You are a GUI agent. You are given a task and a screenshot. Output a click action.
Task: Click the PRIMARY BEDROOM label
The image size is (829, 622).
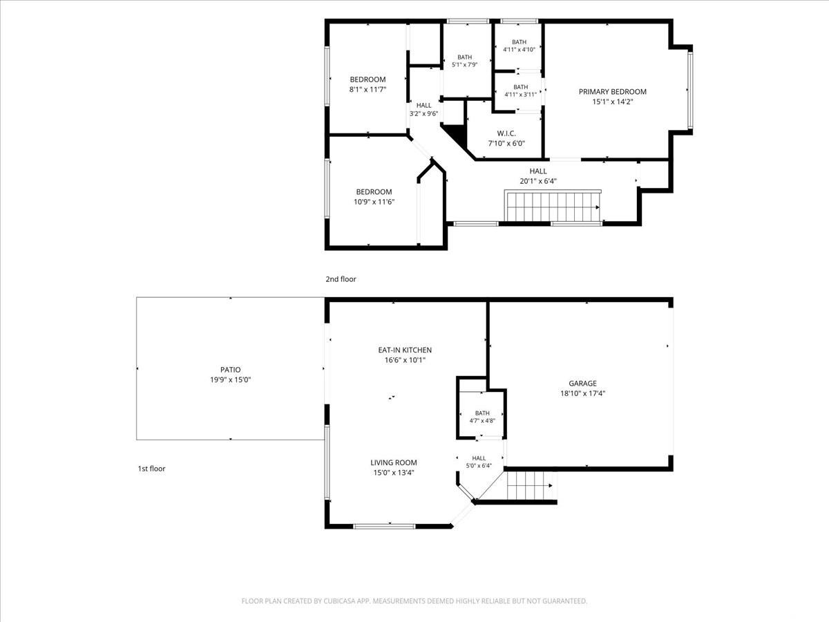tap(612, 92)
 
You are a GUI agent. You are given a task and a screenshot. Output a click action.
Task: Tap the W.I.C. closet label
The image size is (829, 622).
tap(506, 133)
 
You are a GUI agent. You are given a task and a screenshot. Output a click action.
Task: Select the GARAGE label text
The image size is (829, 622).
tap(582, 384)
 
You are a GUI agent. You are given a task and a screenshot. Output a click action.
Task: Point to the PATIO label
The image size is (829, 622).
tap(230, 370)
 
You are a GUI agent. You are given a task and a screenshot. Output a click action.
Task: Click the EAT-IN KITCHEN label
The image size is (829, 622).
tap(405, 350)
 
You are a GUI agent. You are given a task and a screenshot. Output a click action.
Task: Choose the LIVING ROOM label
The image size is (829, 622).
tap(394, 462)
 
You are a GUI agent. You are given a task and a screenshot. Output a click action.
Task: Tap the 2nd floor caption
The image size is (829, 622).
tap(341, 279)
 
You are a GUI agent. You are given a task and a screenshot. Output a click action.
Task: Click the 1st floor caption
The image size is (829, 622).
tap(151, 469)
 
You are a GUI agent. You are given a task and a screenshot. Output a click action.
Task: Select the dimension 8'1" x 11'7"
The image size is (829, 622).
tap(368, 90)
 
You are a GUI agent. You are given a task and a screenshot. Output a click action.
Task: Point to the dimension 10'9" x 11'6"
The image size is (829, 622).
tap(374, 202)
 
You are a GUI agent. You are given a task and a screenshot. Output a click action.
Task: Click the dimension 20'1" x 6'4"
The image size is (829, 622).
tap(537, 181)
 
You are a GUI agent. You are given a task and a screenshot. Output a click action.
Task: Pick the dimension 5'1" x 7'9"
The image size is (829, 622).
tap(464, 64)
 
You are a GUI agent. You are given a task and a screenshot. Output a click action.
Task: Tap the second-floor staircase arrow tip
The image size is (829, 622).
tap(599, 207)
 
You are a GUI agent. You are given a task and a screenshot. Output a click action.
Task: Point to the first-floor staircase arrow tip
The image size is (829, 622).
tap(552, 486)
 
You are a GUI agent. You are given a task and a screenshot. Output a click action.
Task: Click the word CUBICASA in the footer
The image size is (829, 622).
tap(339, 601)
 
